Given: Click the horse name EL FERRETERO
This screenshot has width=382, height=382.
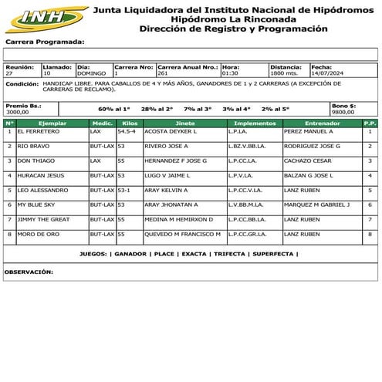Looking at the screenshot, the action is [37, 132].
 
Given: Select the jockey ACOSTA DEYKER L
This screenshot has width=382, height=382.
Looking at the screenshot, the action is [171, 132].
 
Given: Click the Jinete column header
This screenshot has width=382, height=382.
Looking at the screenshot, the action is [185, 123].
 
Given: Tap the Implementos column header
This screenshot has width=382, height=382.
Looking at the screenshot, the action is [255, 123].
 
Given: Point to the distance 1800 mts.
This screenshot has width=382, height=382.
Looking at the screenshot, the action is [284, 73].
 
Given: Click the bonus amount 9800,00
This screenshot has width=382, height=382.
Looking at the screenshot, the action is [343, 112].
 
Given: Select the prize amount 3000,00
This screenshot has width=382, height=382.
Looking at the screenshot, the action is [17, 112].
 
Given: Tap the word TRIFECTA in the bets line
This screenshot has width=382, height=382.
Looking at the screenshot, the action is [230, 253].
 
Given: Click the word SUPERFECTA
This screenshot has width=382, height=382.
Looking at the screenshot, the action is [273, 253].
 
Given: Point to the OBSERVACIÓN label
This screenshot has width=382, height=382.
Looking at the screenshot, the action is [29, 272].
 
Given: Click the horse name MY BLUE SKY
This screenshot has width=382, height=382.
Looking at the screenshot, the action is [36, 205].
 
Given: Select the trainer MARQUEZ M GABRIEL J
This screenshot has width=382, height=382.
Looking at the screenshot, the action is [317, 205].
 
